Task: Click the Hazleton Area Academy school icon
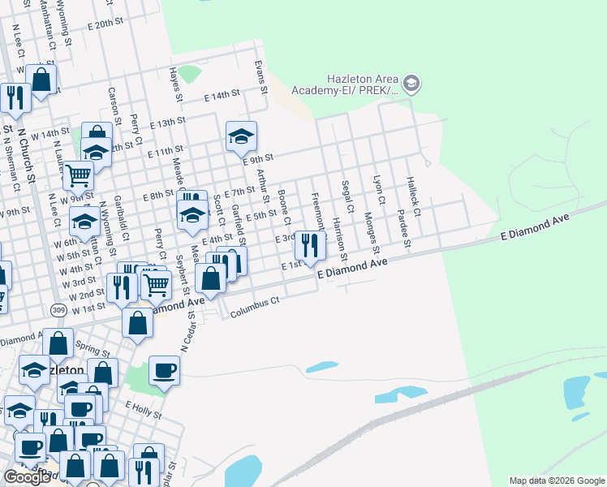pos(411,83)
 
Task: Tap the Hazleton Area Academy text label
pos(362,84)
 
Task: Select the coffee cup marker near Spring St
pos(164,371)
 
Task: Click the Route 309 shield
pos(58,310)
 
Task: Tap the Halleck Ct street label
pos(414,197)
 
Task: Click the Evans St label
pos(260,75)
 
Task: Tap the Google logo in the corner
pos(27,477)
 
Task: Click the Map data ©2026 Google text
pos(557,481)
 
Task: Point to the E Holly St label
pos(144,409)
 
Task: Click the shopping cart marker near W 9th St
pos(77,175)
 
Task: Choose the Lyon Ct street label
pos(377,190)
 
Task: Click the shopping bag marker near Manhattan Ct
pos(41,80)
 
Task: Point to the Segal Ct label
pos(347,197)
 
